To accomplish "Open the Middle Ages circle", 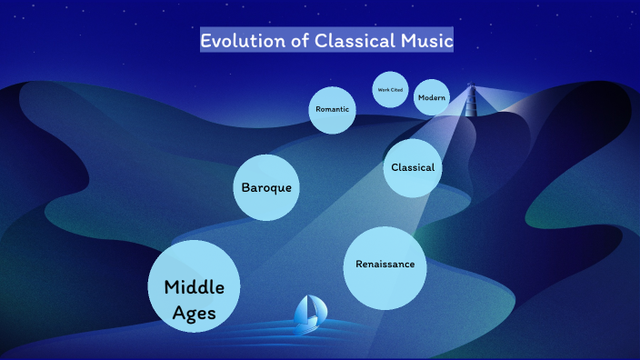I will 194,285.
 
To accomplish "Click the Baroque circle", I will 266,187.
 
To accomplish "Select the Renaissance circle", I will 385,265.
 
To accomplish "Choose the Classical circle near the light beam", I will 413,167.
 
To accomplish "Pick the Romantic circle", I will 333,109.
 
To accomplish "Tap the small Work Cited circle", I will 390,89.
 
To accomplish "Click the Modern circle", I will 432,97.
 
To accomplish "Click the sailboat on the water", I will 308,314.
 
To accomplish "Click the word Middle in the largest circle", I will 194,287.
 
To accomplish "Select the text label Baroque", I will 266,187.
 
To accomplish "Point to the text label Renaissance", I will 385,265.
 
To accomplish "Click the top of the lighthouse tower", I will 471,87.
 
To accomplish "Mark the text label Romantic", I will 333,109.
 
